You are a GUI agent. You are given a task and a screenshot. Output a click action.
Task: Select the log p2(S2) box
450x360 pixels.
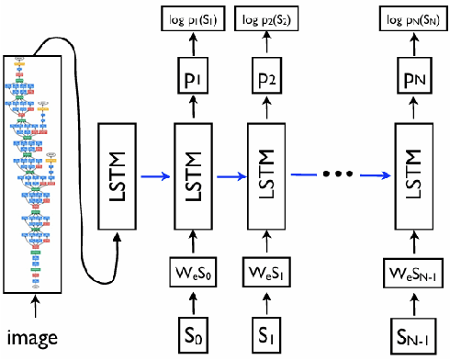[x=266, y=19]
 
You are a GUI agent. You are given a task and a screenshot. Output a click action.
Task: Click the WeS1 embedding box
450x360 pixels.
[x=266, y=273]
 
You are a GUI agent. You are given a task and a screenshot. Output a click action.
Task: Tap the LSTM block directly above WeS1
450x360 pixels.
[x=266, y=174]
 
